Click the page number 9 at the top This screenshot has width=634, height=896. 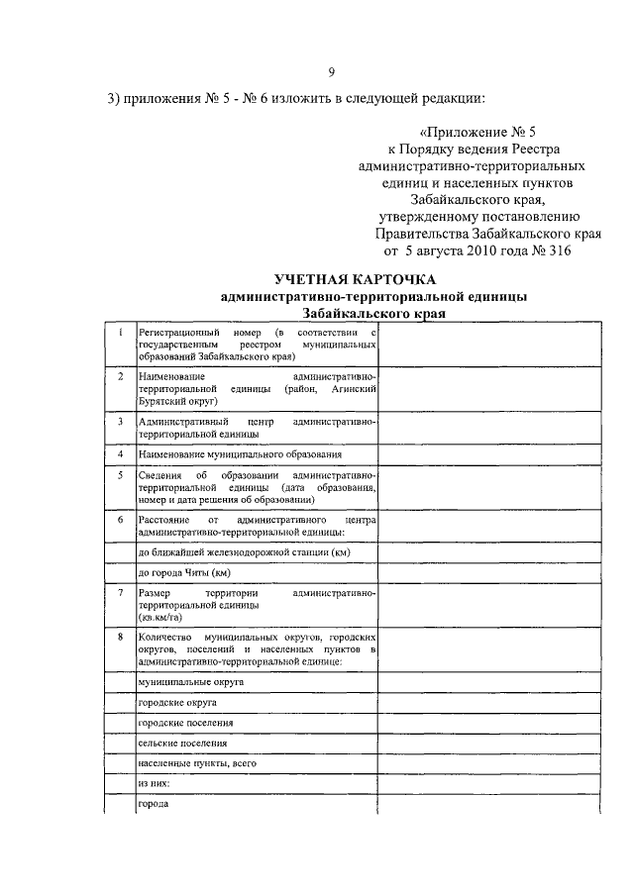332,70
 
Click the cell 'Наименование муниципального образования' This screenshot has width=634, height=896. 240,454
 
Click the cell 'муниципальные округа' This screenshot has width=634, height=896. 191,682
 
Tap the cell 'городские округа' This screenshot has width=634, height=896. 178,703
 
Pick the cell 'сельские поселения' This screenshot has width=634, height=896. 182,743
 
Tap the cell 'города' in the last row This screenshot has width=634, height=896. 154,804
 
